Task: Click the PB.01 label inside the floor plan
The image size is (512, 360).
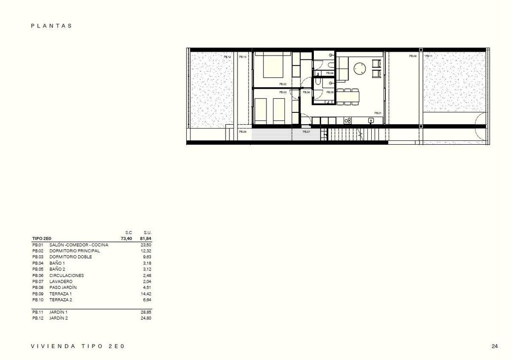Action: pyautogui.click(x=378, y=113)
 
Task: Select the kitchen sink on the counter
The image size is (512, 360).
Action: pyautogui.click(x=371, y=120)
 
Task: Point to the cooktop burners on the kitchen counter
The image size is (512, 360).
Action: pyautogui.click(x=348, y=120)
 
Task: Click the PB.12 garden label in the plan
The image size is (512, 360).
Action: pyautogui.click(x=227, y=57)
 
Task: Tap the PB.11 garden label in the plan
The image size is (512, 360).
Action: pyautogui.click(x=429, y=56)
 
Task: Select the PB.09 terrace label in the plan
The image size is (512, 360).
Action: pyautogui.click(x=413, y=56)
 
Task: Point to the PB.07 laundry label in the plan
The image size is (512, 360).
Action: pyautogui.click(x=306, y=131)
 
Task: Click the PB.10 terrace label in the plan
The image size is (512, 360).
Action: pyautogui.click(x=243, y=57)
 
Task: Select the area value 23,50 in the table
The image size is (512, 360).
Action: pyautogui.click(x=146, y=245)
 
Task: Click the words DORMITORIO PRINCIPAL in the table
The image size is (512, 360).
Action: pyautogui.click(x=74, y=251)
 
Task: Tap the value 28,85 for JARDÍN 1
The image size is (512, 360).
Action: pyautogui.click(x=146, y=312)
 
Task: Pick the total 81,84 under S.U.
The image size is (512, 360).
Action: pyautogui.click(x=146, y=239)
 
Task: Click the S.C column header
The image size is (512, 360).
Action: pyautogui.click(x=128, y=232)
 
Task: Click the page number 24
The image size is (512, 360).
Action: pyautogui.click(x=494, y=346)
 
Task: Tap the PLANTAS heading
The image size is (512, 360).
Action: pyautogui.click(x=52, y=26)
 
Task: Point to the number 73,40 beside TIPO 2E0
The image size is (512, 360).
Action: pyautogui.click(x=126, y=239)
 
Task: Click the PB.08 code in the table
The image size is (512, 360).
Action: pyautogui.click(x=37, y=287)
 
